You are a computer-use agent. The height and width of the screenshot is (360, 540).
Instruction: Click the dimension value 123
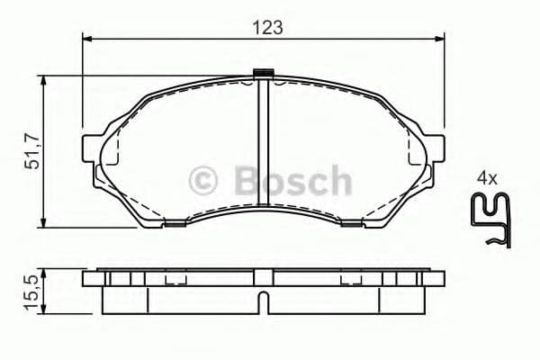267,27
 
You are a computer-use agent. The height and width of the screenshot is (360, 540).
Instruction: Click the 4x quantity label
487,178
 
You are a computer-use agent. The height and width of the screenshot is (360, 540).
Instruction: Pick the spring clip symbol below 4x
492,220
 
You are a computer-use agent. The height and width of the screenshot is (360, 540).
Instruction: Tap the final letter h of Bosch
339,181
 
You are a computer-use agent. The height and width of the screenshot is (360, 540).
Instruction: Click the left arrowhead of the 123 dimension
87,38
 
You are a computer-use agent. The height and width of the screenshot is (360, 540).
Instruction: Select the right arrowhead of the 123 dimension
440,38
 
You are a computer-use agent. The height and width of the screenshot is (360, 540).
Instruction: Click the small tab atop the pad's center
264,75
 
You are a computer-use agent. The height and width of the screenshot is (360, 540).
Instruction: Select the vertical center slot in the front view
264,148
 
